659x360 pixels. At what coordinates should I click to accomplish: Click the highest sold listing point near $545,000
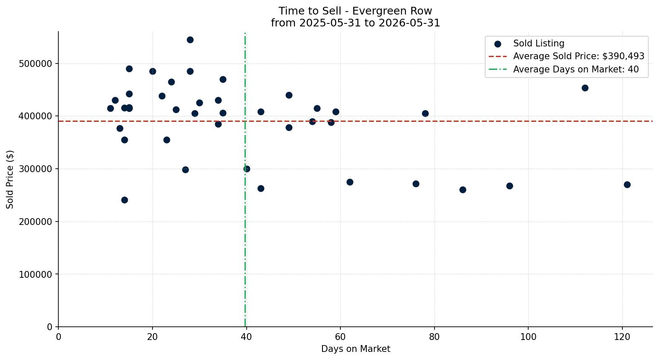point(190,40)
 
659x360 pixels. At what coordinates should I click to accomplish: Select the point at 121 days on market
point(627,185)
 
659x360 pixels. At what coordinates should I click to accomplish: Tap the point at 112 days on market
point(585,88)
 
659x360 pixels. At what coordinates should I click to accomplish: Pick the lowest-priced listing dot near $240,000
point(124,200)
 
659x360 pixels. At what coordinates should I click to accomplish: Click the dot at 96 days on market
point(509,186)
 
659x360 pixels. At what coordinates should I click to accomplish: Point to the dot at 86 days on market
point(463,190)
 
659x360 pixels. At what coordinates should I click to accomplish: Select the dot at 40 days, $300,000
point(247,169)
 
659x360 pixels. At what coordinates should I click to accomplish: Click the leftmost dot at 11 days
point(110,109)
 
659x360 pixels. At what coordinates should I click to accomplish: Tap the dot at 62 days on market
point(350,182)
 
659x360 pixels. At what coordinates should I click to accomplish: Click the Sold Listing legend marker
point(498,44)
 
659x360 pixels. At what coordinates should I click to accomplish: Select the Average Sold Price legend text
point(578,56)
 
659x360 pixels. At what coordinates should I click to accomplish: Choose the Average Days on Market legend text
point(576,69)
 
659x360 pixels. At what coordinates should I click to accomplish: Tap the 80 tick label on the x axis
point(434,337)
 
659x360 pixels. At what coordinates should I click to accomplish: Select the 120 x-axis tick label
point(622,337)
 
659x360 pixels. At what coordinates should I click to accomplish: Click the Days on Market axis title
point(355,349)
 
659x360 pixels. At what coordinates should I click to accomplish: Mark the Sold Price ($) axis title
point(10,179)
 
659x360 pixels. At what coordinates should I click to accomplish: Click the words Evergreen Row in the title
point(392,11)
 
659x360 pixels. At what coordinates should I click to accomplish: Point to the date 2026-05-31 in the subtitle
point(409,23)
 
